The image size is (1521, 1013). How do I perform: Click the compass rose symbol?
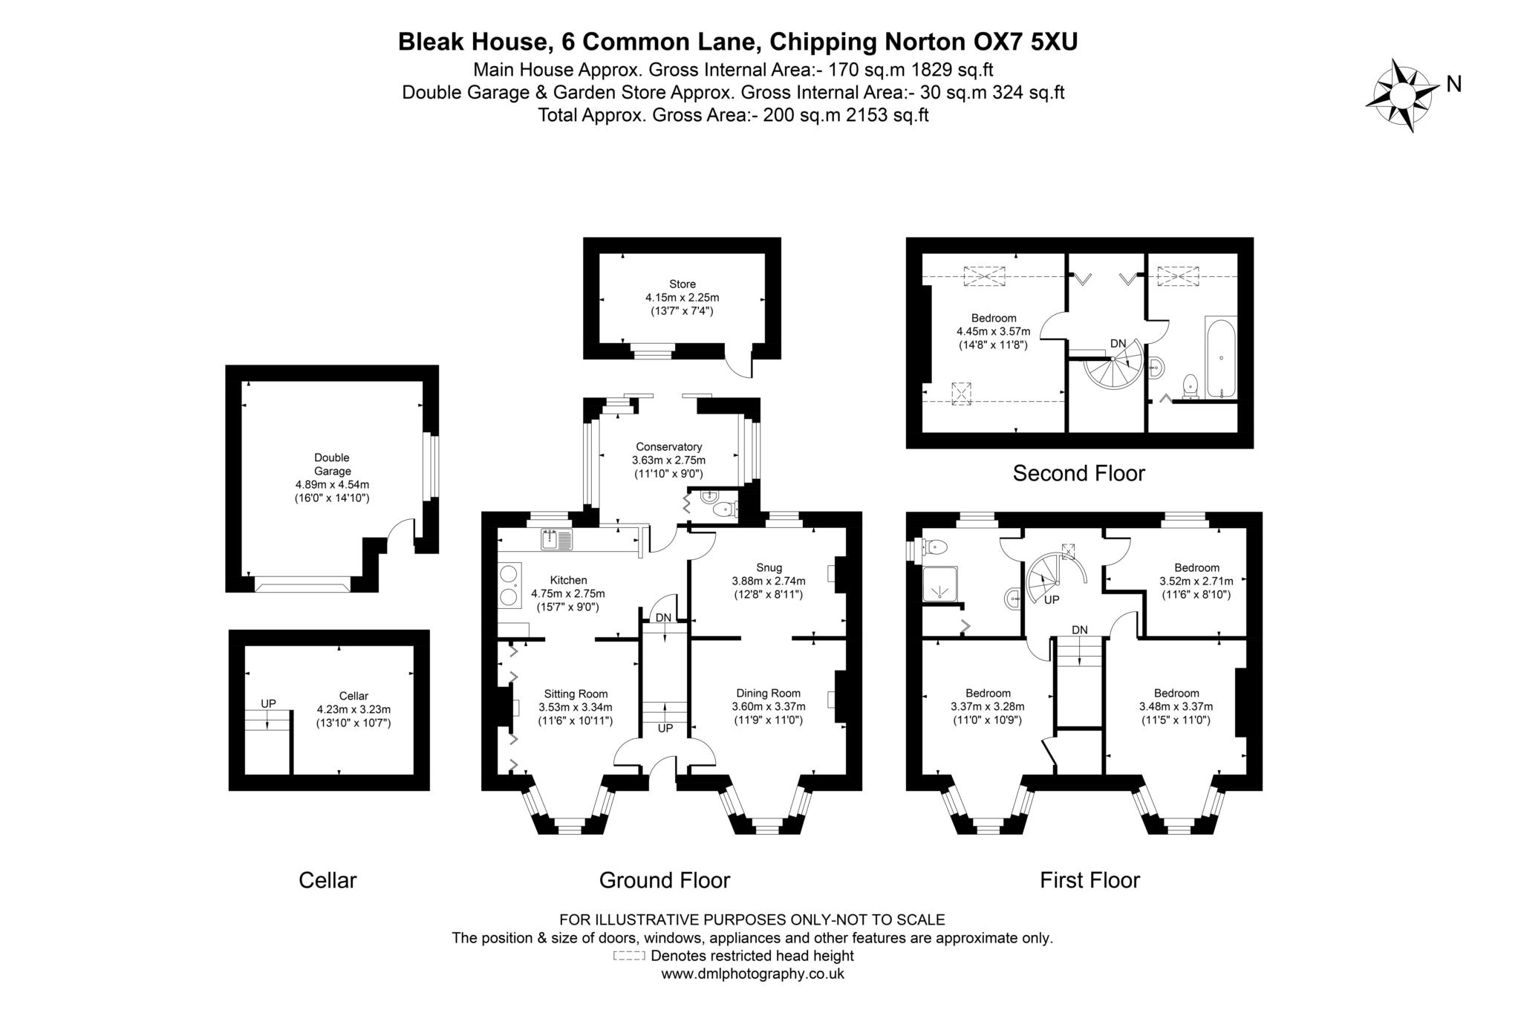point(1401,96)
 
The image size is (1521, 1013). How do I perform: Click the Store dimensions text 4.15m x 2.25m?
point(682,298)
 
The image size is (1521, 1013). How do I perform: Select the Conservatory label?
point(668,447)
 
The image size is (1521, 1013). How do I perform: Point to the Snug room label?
point(769,568)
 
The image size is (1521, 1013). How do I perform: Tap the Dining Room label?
point(768,693)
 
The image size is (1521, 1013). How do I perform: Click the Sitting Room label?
point(576,694)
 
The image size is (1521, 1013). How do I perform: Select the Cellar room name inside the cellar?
point(354,696)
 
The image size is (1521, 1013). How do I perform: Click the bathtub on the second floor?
point(1221,358)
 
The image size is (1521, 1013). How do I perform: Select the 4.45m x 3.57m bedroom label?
point(993,332)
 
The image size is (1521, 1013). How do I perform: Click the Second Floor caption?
point(1078,473)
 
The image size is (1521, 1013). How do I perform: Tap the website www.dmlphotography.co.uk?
point(752,974)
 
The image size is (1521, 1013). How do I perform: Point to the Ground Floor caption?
point(664,880)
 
